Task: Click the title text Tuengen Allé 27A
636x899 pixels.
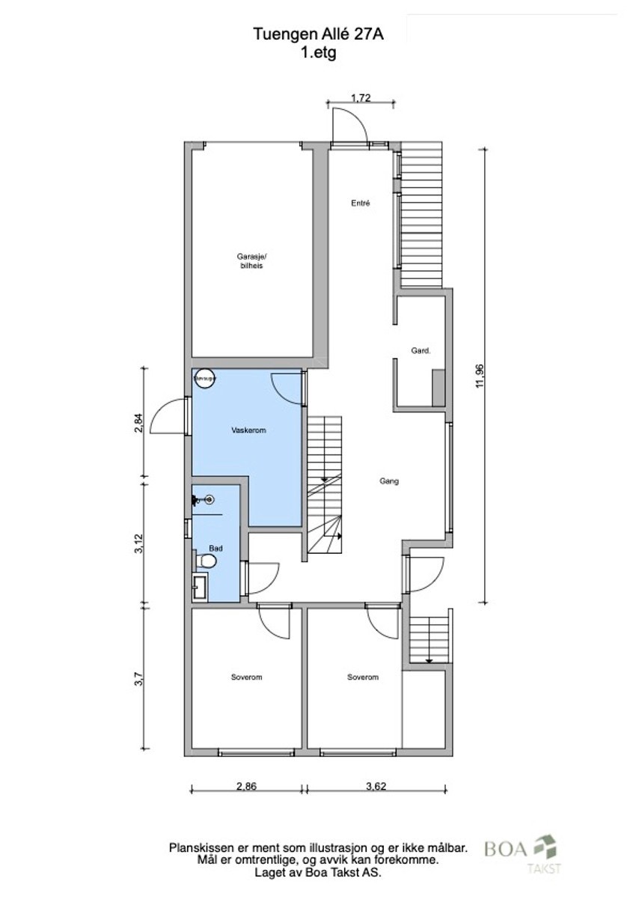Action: click(318, 34)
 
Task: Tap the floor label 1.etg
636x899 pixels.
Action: click(318, 52)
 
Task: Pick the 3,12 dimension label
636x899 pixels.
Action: click(138, 543)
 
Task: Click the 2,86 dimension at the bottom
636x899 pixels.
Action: click(248, 787)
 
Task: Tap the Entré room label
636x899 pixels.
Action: click(361, 203)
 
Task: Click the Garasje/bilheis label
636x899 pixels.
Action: click(251, 261)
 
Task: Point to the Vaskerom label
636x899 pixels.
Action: click(249, 431)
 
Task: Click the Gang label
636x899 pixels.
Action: click(388, 481)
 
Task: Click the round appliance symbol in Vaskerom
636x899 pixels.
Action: click(204, 380)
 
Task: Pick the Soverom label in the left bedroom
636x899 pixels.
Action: click(246, 677)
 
